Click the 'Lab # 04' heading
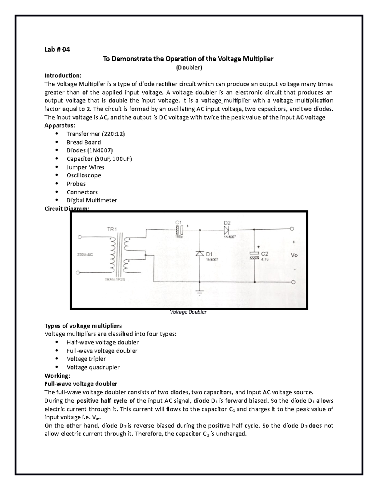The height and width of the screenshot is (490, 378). coord(57,49)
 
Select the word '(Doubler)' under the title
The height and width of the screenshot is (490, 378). coord(189,67)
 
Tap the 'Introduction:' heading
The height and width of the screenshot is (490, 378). coord(63,75)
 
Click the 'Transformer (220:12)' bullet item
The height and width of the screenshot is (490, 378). coord(96,134)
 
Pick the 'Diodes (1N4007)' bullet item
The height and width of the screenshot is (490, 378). coord(89,151)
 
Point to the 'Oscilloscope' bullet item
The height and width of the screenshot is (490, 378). coord(84,175)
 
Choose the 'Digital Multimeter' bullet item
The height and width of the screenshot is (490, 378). coord(92,200)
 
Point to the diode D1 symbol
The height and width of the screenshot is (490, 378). coord(199,254)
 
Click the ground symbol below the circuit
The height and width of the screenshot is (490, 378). coord(199,292)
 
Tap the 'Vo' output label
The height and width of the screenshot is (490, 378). coord(294,255)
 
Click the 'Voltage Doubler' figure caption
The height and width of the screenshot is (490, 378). coord(188,312)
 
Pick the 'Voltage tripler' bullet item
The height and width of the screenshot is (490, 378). coord(86,359)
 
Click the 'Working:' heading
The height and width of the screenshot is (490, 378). coord(57,375)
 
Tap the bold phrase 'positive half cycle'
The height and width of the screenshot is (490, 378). coord(102,401)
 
